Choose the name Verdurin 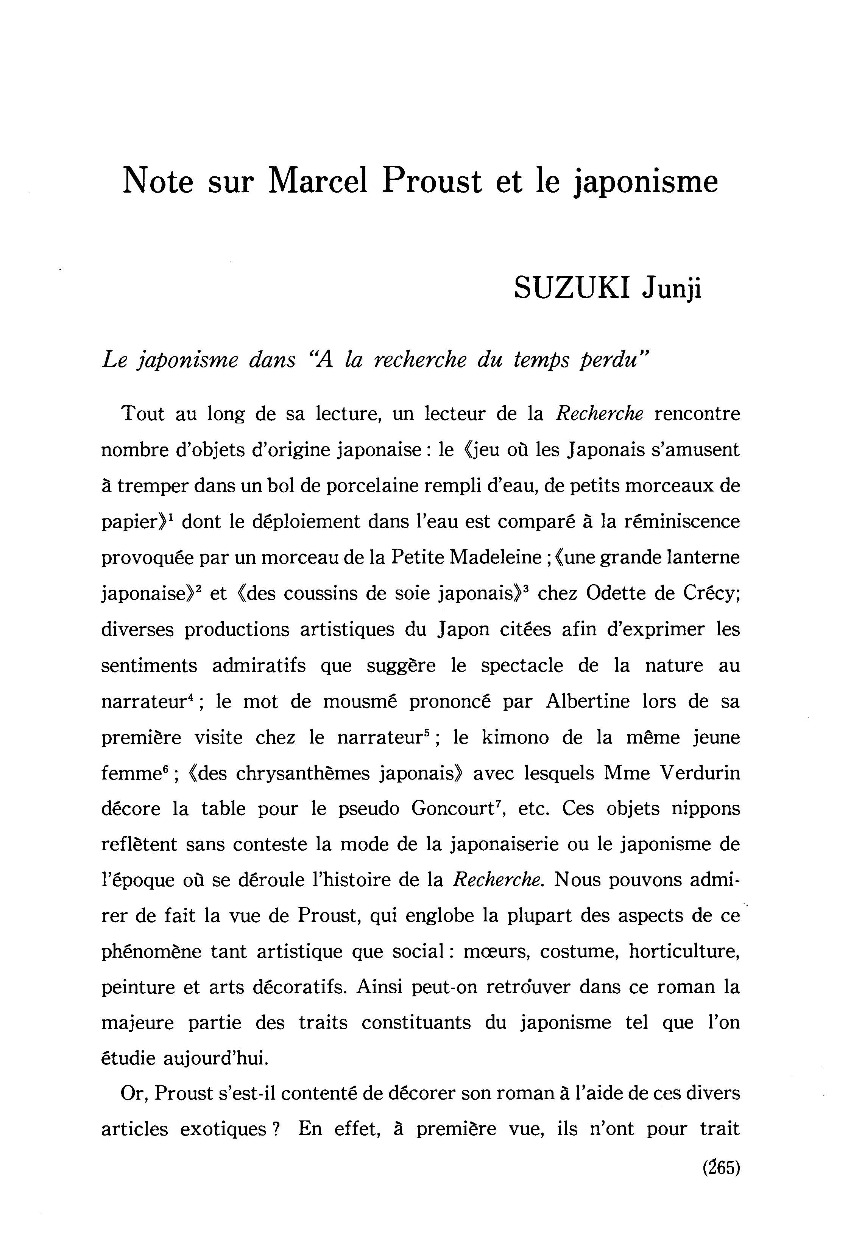click(700, 773)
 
